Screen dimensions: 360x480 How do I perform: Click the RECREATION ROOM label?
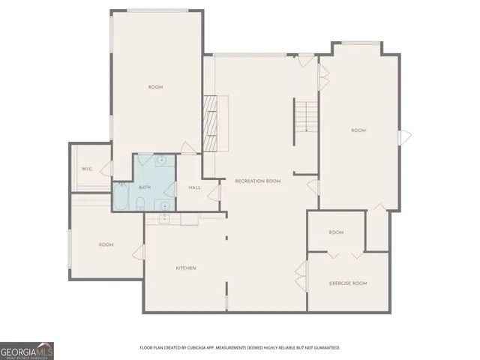click(257, 181)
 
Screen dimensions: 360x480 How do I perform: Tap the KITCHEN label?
click(186, 268)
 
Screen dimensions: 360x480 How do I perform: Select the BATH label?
click(145, 187)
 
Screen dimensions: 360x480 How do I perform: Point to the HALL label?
click(194, 187)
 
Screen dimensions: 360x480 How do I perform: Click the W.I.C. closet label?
click(87, 168)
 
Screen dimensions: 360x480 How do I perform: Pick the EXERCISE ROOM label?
click(348, 283)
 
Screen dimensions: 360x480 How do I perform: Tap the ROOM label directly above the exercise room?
click(336, 232)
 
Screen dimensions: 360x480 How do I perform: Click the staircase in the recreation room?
click(306, 117)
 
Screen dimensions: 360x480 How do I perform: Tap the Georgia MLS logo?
click(27, 350)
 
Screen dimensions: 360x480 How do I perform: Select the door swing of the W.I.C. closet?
click(106, 168)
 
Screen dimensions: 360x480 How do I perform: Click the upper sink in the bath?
click(162, 160)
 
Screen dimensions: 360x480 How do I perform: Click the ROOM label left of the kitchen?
click(106, 244)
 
